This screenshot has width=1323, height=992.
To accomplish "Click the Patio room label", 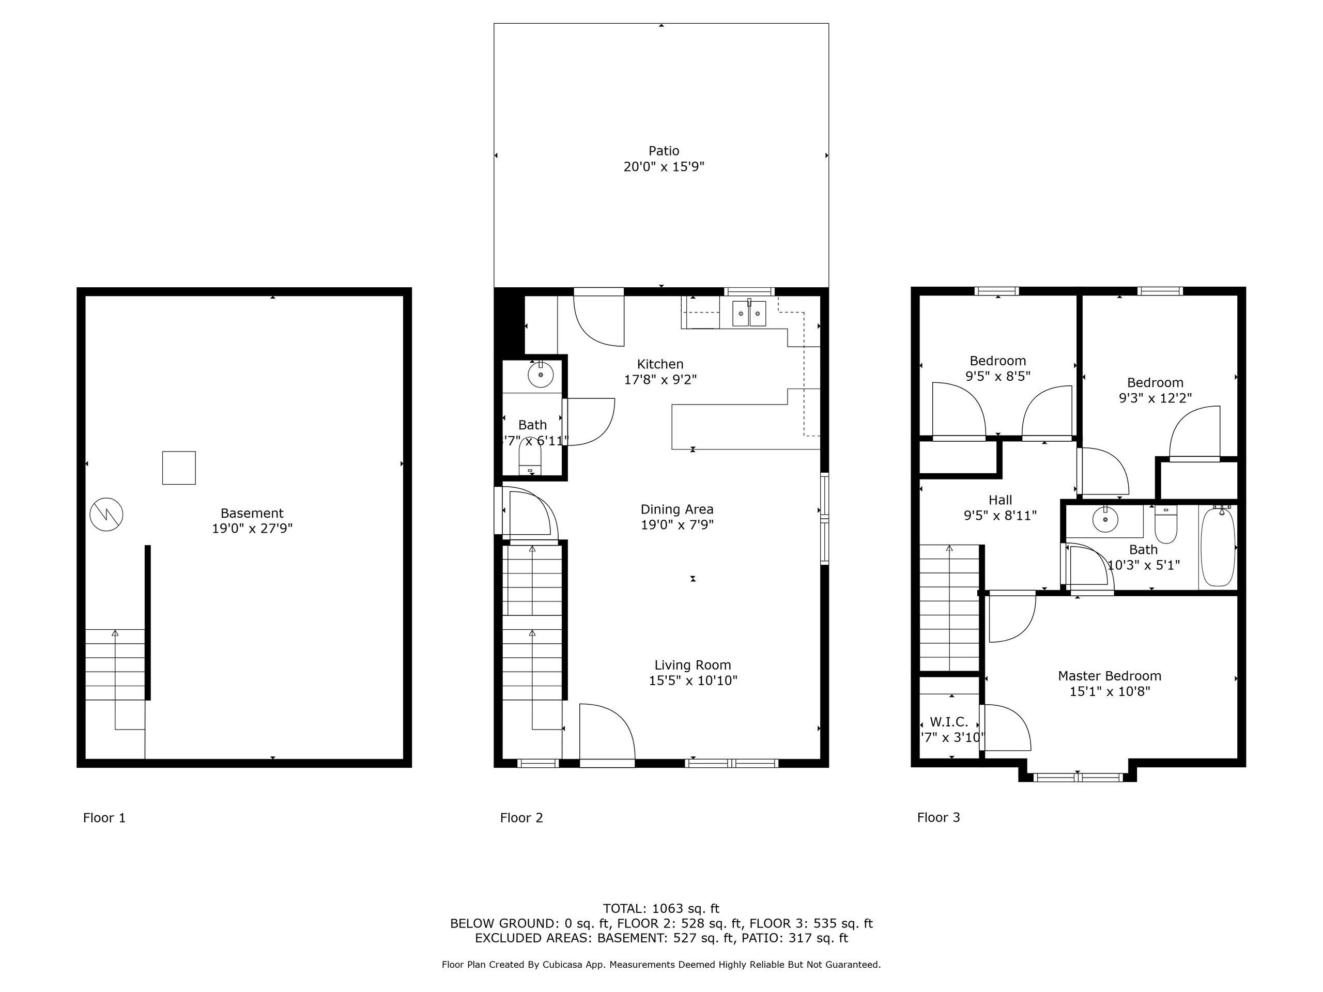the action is [664, 151].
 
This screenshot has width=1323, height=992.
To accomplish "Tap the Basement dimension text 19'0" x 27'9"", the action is [252, 529].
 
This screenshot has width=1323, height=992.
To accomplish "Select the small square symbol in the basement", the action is [179, 468].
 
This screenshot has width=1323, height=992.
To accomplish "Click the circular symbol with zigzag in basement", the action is [106, 514].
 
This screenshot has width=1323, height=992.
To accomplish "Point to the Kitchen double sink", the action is [749, 313].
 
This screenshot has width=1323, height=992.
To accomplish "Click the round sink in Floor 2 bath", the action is [541, 375].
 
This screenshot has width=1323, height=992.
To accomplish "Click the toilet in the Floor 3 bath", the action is [1166, 524].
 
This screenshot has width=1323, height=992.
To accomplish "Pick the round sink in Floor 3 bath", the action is [1105, 519].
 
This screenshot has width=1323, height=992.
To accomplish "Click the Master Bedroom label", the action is [1110, 676].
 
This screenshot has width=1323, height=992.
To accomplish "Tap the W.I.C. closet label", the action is [949, 722].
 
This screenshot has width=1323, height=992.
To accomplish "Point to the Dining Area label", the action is [677, 509].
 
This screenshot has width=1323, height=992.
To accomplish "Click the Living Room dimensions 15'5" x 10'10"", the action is [693, 680].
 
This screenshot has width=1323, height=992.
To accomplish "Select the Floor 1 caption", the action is [105, 817].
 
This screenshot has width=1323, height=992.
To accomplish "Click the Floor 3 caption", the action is [939, 817].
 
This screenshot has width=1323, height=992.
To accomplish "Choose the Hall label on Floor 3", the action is [1000, 500].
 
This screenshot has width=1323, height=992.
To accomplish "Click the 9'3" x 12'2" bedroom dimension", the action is [1155, 398].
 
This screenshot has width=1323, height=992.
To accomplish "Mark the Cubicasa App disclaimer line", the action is [661, 965].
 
